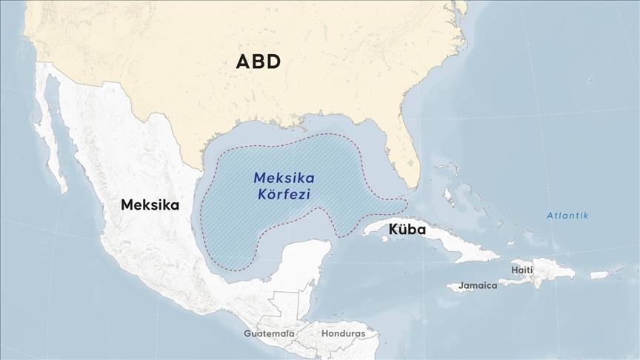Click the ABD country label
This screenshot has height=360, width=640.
(258, 61)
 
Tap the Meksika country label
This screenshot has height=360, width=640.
(150, 204)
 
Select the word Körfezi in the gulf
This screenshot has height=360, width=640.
(281, 195)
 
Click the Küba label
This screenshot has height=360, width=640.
(407, 230)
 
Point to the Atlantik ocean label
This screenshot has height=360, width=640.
(567, 216)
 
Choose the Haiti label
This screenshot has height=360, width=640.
(521, 270)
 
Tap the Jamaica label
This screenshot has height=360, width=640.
(477, 285)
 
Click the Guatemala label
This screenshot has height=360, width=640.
(269, 333)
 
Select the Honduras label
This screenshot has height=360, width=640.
(343, 333)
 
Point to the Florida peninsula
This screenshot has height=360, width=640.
(404, 159)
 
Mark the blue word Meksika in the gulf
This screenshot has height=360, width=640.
(284, 179)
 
